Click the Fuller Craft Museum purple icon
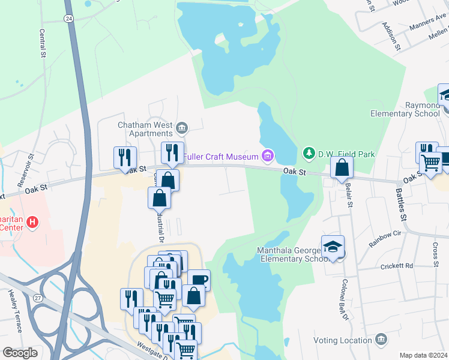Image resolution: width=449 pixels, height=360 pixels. point(268,157)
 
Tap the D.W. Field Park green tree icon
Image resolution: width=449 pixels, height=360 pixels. point(309,154)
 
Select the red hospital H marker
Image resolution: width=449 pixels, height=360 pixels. point(33,223)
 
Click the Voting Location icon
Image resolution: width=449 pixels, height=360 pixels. point(380,340)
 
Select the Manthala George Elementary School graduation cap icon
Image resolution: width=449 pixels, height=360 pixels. point(333,247)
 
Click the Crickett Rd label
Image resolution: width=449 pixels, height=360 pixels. point(397,265)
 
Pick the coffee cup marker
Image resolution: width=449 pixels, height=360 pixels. point(199,280)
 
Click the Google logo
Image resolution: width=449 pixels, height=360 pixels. point(20,353)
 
